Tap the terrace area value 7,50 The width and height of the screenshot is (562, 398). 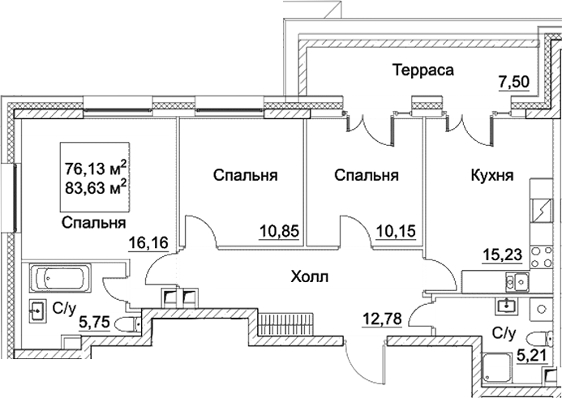(513, 82)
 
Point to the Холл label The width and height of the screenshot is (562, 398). (309, 278)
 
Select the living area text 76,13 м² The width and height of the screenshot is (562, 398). (97, 169)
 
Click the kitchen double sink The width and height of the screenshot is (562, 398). (514, 282)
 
